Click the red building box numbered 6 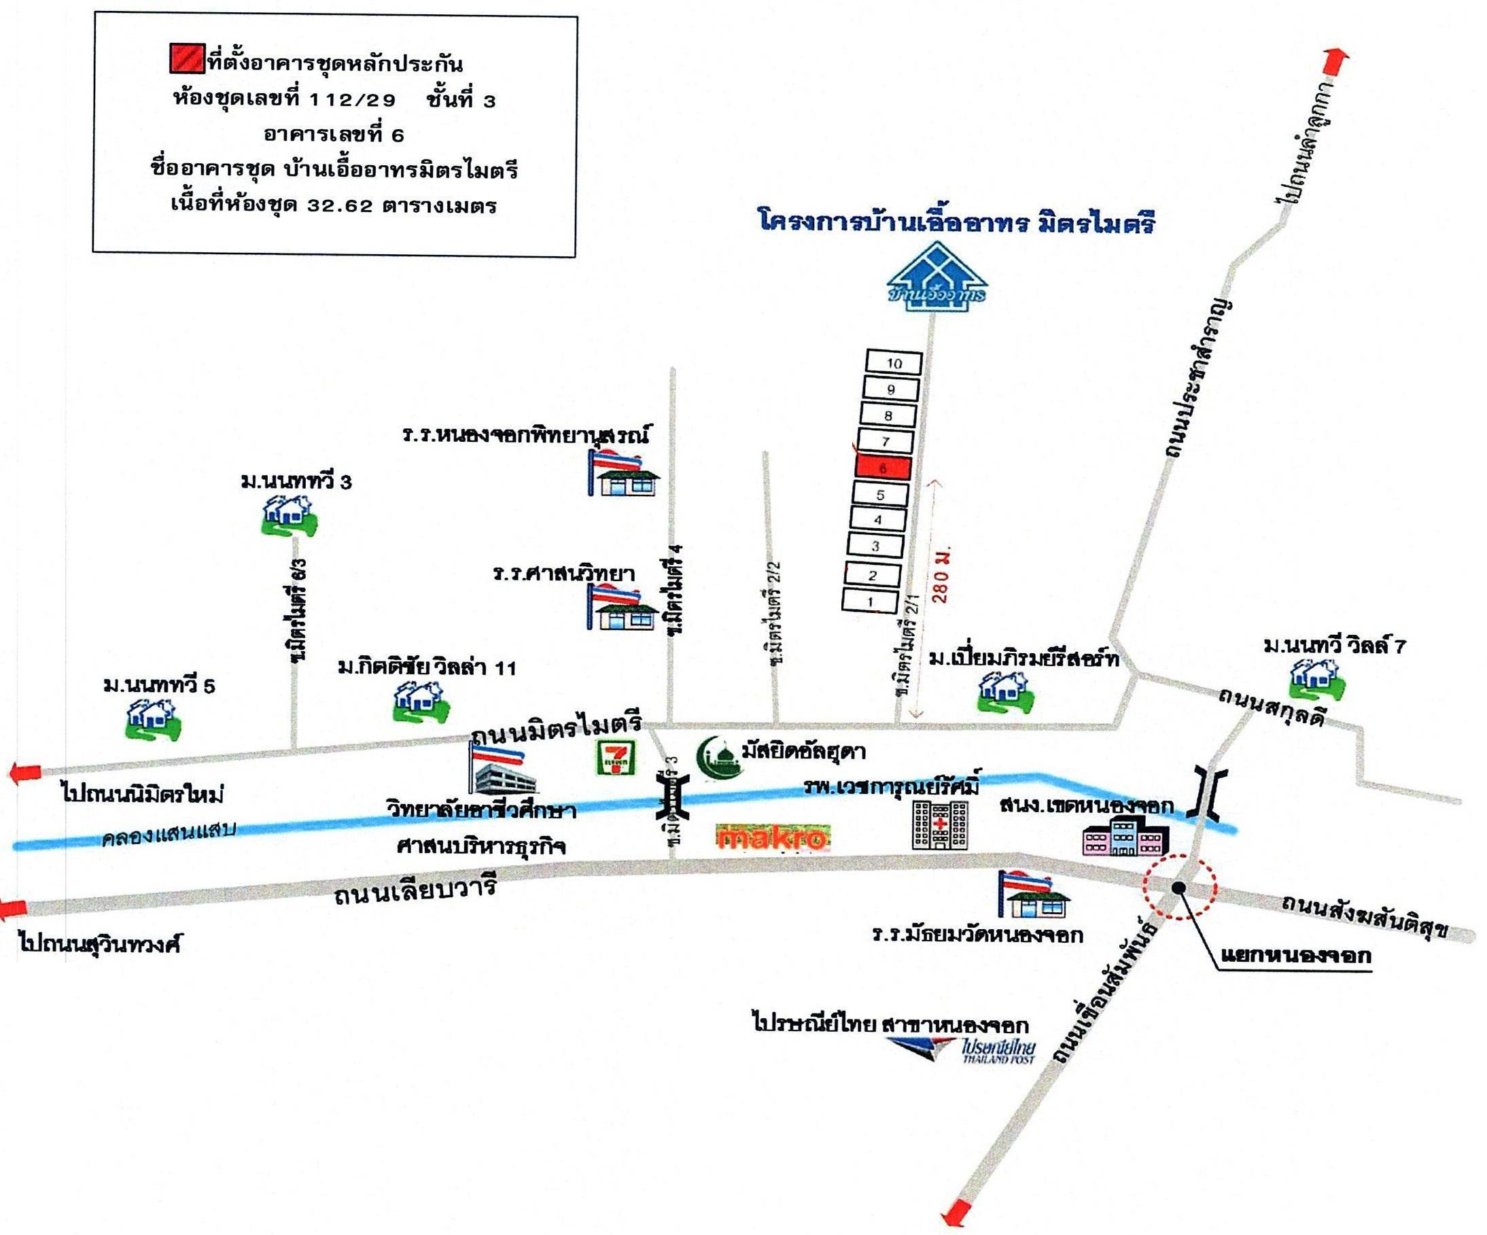click(x=883, y=468)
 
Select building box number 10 click(x=894, y=363)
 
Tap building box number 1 click(x=871, y=602)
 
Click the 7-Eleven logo click(x=614, y=756)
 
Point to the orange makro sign click(x=772, y=839)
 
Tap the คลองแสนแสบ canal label click(x=169, y=835)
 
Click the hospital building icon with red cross click(x=940, y=824)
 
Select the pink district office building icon click(x=1125, y=835)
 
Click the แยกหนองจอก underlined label click(x=1295, y=954)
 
